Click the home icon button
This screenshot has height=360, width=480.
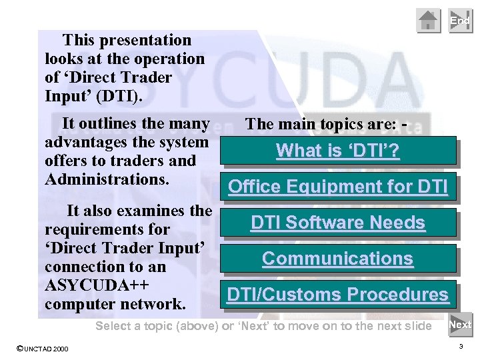coord(429,21)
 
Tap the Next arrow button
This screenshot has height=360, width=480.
coord(460,325)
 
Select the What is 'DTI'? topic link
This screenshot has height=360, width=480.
coord(338,151)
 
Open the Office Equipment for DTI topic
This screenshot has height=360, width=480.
coord(338,187)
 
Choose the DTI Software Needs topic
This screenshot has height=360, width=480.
coord(338,223)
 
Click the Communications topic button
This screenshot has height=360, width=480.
coord(338,259)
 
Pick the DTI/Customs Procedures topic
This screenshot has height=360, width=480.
coord(338,295)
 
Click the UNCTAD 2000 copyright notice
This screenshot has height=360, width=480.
coord(41,349)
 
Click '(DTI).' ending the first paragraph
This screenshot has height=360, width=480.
coord(119,96)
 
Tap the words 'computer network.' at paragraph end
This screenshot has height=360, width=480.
coord(115,304)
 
